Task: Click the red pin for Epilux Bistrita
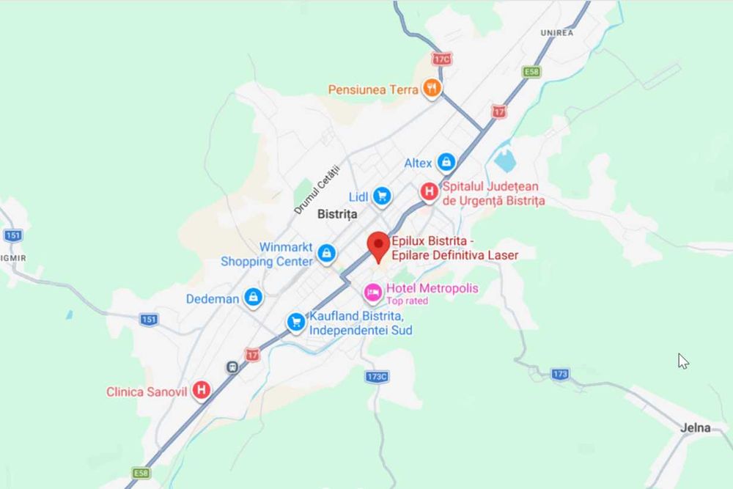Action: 378,244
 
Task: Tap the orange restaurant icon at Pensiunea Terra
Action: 432,89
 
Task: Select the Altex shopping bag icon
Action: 446,162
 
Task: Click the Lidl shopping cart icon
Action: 381,196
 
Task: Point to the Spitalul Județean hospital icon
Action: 429,192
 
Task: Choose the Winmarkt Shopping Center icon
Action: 326,254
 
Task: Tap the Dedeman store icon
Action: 254,298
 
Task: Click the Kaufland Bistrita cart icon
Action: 296,322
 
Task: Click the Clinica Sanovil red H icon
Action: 201,390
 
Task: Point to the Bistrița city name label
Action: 337,215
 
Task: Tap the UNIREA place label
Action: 557,33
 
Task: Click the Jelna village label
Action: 695,427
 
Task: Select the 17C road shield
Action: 442,58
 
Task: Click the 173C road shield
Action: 377,376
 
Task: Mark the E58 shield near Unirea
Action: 531,72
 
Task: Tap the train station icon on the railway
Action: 232,367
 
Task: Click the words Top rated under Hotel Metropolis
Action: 407,301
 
